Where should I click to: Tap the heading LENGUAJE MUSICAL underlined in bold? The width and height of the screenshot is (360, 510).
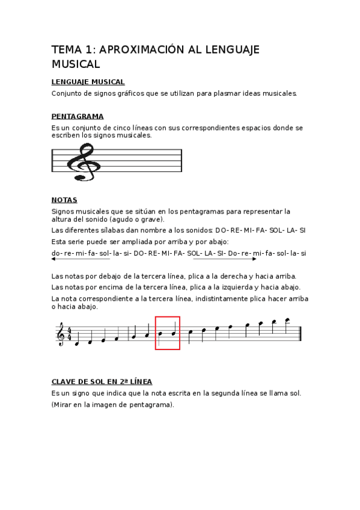pyautogui.click(x=88, y=81)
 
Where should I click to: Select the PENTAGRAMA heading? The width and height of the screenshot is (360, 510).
pyautogui.click(x=78, y=116)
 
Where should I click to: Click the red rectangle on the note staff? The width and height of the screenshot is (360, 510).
pyautogui.click(x=168, y=333)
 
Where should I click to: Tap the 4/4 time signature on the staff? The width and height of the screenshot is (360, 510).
pyautogui.click(x=70, y=333)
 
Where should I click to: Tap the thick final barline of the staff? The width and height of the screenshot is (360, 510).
pyautogui.click(x=299, y=334)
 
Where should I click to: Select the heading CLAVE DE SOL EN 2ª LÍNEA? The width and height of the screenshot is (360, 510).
pyautogui.click(x=102, y=381)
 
